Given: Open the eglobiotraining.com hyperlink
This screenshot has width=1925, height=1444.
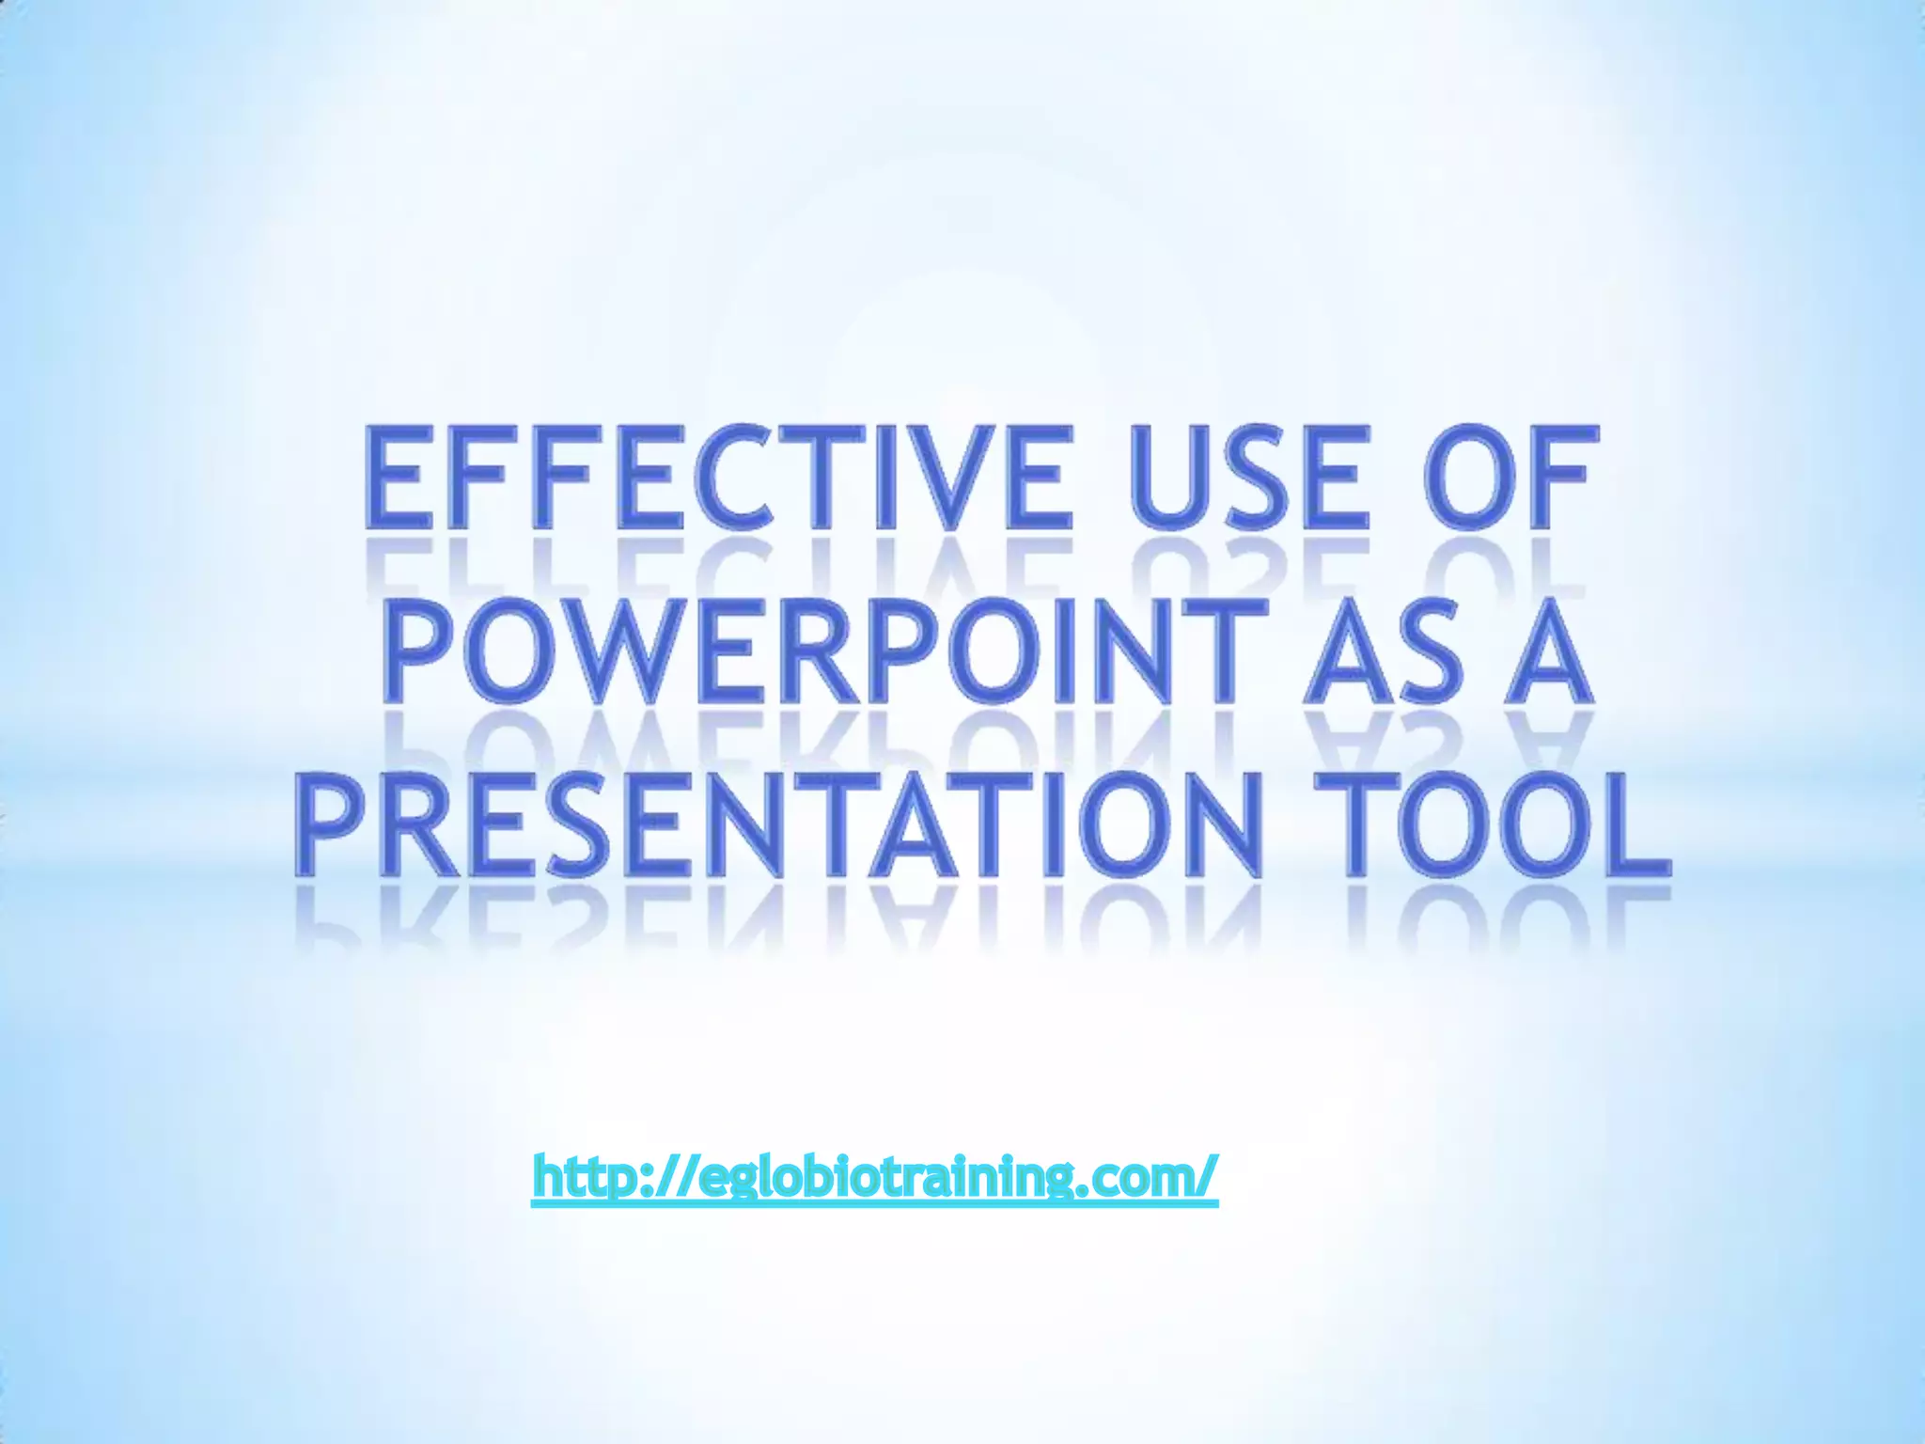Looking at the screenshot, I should [874, 1175].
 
